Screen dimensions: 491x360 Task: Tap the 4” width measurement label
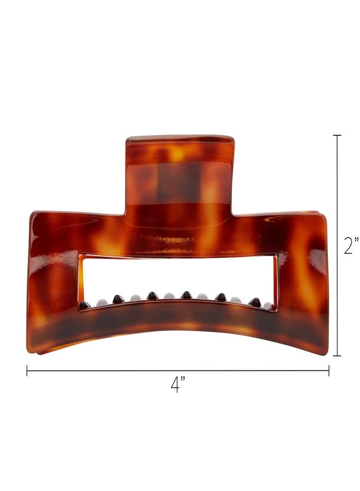(177, 385)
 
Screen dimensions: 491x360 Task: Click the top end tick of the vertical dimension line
(337, 135)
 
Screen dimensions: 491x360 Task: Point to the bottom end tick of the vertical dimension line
(337, 356)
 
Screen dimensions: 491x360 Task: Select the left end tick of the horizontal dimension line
(27, 371)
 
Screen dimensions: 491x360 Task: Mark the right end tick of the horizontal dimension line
(328, 371)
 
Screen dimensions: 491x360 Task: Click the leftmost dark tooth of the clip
(83, 305)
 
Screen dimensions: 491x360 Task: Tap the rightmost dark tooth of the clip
(255, 301)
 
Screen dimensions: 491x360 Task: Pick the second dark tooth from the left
(118, 298)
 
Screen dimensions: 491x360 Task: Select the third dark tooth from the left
(152, 296)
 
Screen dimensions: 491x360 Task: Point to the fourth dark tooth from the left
(187, 295)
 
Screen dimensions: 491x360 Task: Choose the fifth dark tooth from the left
(221, 297)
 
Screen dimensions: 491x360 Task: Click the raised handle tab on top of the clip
(180, 169)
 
